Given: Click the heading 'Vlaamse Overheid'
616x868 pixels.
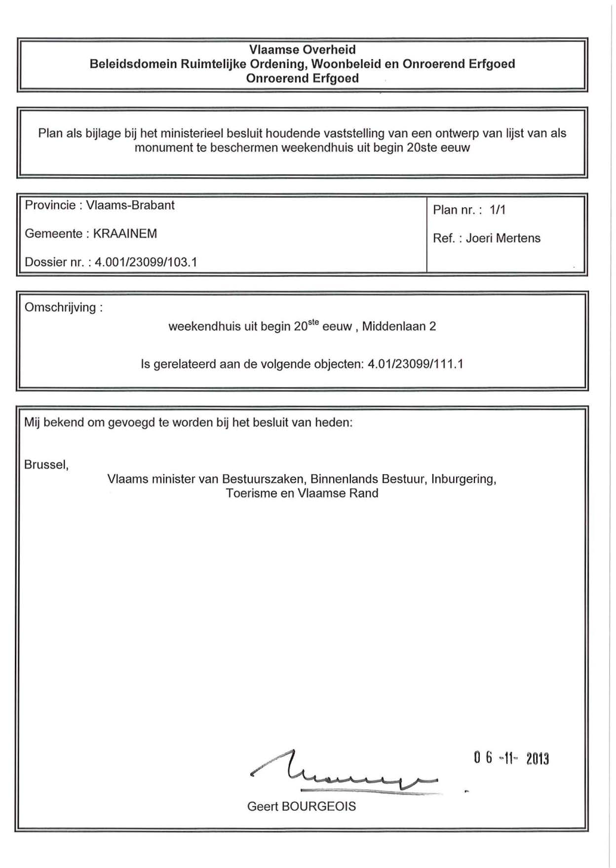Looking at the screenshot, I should coord(302,49).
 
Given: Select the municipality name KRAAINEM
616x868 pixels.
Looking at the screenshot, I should coord(125,233).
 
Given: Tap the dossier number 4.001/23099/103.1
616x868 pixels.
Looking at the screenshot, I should coord(146,262).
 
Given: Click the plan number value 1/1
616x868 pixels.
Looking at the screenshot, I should coord(498,210).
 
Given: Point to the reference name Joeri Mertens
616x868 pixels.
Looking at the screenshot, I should coord(503,238).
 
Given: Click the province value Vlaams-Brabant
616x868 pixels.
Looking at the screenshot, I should coord(130,205).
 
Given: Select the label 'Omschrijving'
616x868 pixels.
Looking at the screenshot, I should coord(60,307).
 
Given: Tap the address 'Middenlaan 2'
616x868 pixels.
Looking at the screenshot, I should coord(399,327).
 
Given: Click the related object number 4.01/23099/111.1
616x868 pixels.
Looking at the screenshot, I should coord(416,364).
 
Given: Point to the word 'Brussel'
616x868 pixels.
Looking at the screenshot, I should coord(45,465).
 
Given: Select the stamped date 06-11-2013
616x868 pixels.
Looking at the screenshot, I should coord(511,758).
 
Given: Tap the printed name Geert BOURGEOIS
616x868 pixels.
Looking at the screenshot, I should coord(301,806).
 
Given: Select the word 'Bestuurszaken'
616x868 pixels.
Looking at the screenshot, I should coord(263,479).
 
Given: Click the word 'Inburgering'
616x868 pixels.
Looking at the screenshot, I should coord(462,479).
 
